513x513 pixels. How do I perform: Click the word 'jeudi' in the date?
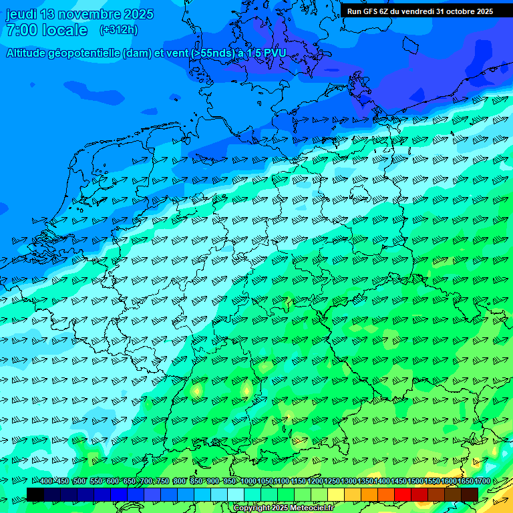point(21,14)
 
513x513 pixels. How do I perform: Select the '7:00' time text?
point(21,30)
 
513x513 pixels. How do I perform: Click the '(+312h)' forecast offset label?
point(118,30)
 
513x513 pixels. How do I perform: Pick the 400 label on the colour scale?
point(46,481)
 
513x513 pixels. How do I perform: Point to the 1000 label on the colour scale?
point(248,481)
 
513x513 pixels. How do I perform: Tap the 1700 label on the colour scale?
point(483,481)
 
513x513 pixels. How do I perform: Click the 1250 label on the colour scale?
point(332,481)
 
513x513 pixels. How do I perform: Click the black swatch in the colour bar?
point(35,494)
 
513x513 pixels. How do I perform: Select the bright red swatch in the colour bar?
point(403,494)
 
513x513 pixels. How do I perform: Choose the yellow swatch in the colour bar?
point(336,494)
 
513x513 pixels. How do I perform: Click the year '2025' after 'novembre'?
point(138,14)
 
